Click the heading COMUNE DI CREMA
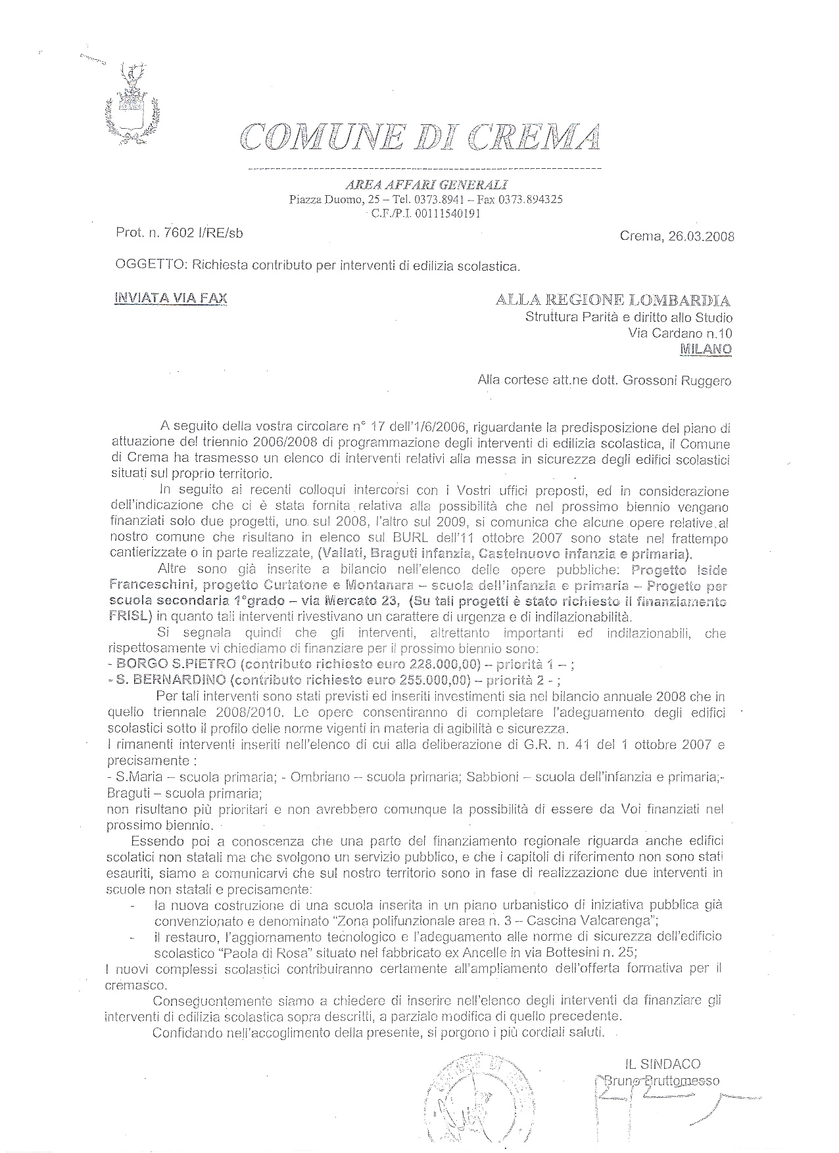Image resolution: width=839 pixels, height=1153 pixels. [421, 136]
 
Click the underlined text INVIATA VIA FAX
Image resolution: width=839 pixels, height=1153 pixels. [171, 298]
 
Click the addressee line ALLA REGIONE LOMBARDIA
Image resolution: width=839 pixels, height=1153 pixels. [613, 301]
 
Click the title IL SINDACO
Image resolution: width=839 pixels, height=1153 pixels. [663, 1064]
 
